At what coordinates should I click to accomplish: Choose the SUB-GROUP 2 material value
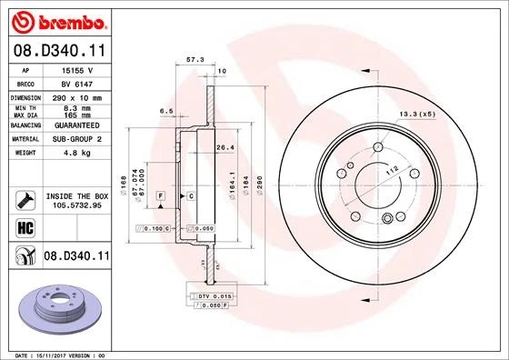click(x=74, y=139)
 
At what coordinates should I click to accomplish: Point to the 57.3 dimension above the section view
click(x=194, y=59)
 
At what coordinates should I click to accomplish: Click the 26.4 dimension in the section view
click(x=225, y=147)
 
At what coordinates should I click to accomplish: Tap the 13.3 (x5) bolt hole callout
click(x=415, y=115)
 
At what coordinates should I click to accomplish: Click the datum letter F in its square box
click(x=160, y=196)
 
